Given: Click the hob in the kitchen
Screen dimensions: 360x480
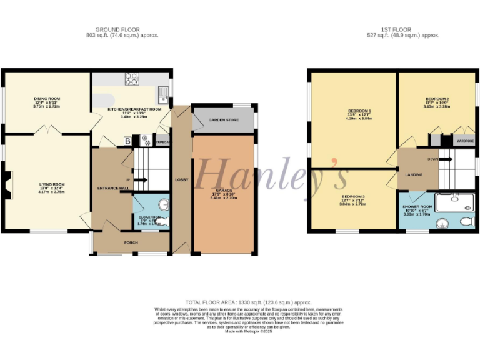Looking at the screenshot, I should pos(132,79).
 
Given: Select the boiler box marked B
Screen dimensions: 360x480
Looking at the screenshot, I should pos(128,141).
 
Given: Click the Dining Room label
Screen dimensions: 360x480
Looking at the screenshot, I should pos(47,99).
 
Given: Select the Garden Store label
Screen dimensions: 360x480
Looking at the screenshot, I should pos(224,119).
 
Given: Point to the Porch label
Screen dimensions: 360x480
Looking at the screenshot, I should pos(131,242).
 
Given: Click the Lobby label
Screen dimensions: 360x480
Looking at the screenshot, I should pos(182,180).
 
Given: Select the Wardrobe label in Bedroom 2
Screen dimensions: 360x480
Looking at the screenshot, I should pos(465,141).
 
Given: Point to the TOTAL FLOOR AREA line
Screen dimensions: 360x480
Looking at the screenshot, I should pos(241,302).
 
